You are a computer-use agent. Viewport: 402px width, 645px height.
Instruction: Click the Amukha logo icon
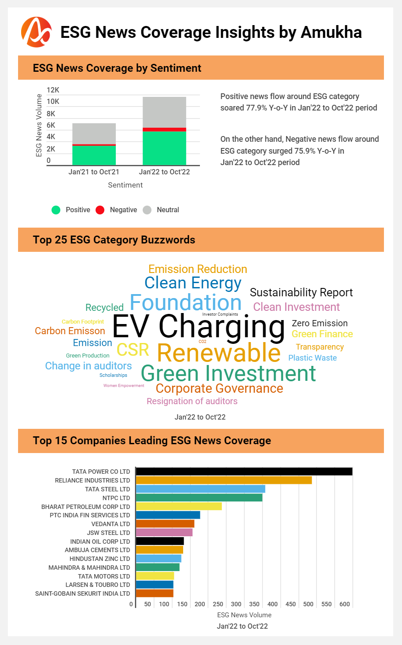tap(36, 32)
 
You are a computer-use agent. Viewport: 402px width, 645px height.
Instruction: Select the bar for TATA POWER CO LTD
tap(244, 472)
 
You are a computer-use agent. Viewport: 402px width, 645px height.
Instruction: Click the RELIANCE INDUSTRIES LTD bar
tap(224, 480)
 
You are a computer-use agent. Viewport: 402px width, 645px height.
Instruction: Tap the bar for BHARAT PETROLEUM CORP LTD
tap(179, 506)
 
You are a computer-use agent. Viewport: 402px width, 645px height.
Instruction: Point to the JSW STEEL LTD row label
tap(108, 533)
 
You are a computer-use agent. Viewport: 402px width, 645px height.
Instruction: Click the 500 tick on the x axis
tap(308, 604)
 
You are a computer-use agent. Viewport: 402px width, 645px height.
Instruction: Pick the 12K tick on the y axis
tap(53, 90)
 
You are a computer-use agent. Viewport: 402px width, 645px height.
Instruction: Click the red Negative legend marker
tap(100, 210)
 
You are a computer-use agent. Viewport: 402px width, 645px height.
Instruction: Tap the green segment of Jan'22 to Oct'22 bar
tap(164, 148)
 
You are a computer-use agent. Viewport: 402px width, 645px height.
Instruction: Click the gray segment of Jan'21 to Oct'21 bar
tap(94, 133)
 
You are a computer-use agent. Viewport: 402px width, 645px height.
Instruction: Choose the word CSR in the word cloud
tap(133, 350)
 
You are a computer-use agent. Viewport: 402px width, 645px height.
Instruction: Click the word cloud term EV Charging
tap(199, 327)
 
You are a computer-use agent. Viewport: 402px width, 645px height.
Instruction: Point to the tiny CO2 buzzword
tap(203, 342)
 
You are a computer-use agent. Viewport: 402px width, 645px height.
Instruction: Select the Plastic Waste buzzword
tap(312, 358)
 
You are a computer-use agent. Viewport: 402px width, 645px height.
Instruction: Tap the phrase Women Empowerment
tap(124, 386)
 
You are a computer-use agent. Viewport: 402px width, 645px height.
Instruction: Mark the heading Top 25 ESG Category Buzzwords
tap(114, 240)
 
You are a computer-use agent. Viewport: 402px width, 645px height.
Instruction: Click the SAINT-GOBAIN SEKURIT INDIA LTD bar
tap(155, 593)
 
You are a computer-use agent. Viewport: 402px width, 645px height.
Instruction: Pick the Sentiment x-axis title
tap(125, 185)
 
